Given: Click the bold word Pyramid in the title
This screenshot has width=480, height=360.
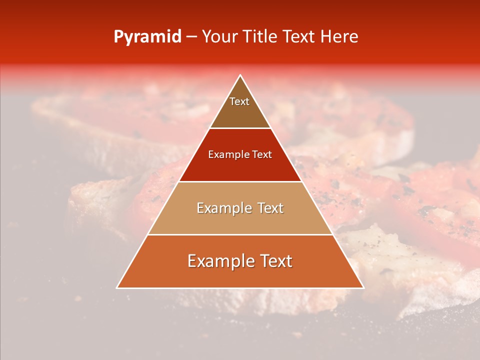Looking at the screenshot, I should [147, 37].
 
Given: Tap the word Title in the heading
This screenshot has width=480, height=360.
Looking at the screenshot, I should [261, 37].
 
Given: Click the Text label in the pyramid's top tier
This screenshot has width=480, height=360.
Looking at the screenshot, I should [239, 101].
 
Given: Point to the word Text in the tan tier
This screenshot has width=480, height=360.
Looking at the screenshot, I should [268, 208].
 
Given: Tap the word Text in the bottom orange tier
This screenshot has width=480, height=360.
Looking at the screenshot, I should [274, 261].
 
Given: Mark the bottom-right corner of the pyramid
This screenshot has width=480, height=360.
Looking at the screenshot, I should [363, 287].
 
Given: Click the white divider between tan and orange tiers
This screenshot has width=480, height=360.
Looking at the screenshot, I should [240, 234].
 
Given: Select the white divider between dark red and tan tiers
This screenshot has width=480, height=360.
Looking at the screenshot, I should [240, 181].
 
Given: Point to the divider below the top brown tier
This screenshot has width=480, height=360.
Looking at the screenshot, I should [240, 128].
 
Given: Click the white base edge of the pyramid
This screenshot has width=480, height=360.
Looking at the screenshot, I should [240, 288].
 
